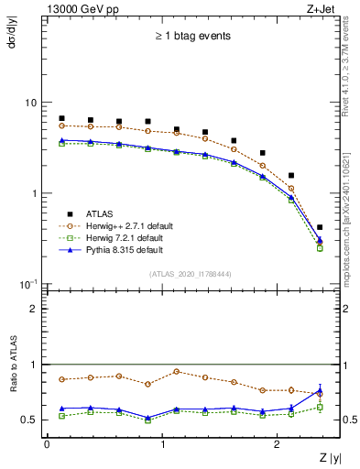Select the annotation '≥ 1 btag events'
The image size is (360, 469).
click(192, 37)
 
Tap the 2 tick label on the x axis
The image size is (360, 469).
click(278, 444)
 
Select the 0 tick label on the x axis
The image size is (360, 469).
click(47, 444)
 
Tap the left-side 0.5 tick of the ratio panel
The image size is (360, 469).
click(33, 420)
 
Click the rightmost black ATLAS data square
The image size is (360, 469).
click(319, 227)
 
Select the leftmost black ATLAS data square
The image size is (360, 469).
click(61, 118)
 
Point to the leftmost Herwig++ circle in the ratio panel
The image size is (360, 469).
click(61, 379)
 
